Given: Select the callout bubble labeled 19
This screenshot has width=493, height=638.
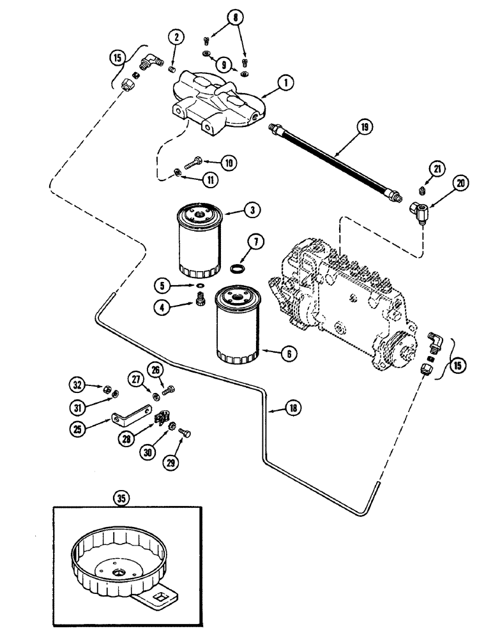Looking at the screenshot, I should pyautogui.click(x=363, y=128).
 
